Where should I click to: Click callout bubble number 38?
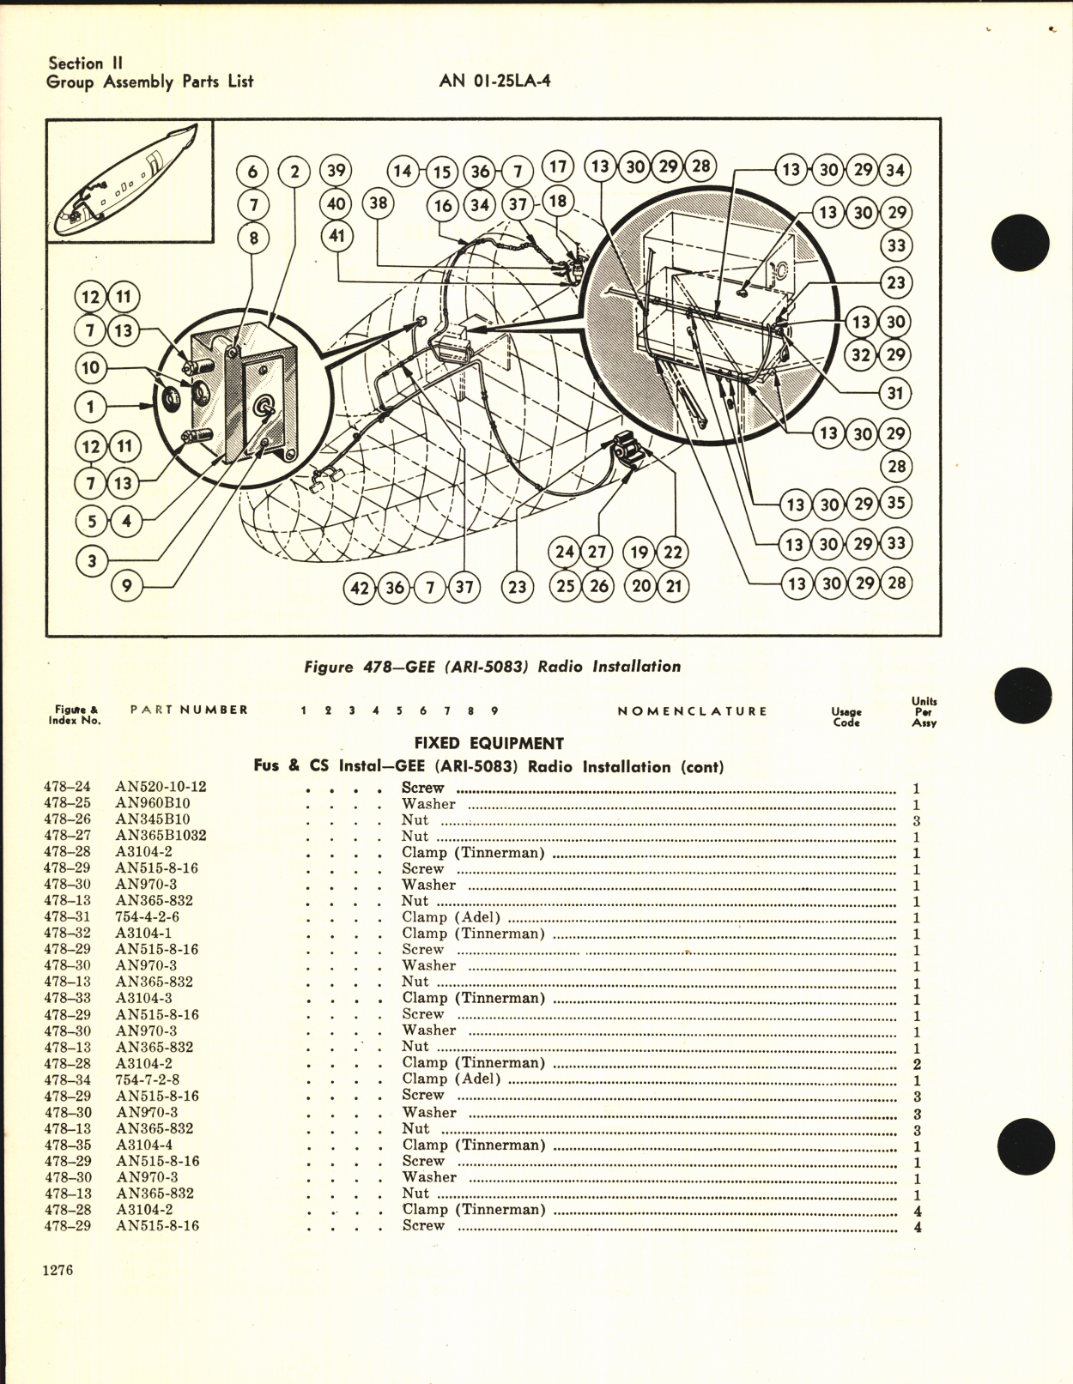(378, 203)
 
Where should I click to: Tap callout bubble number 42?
(360, 588)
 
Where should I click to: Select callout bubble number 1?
(90, 407)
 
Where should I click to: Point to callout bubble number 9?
(127, 587)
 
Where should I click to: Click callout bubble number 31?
(895, 394)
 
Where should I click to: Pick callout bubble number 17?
(558, 166)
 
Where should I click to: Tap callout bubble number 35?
(895, 504)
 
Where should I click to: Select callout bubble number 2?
(294, 172)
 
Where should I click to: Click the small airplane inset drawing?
(130, 182)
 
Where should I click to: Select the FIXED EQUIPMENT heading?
(488, 743)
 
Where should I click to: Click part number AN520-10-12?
(161, 787)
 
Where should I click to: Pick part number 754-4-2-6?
(147, 917)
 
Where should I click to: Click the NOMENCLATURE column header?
(692, 711)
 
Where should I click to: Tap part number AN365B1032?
(161, 836)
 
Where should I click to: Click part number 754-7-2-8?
(147, 1079)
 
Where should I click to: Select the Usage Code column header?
(846, 716)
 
